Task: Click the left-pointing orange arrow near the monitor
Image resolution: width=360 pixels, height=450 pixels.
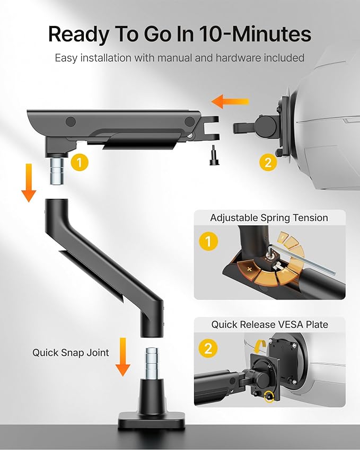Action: [230, 101]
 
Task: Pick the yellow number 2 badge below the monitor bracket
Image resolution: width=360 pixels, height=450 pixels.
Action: [268, 162]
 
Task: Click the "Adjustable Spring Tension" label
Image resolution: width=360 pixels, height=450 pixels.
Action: [269, 218]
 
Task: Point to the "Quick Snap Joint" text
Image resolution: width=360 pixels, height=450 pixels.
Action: [71, 352]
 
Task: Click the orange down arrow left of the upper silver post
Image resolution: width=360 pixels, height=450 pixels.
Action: [30, 182]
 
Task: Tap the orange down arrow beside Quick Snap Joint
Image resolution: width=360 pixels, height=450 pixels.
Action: [123, 356]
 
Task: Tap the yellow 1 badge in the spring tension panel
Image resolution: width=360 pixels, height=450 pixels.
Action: [208, 242]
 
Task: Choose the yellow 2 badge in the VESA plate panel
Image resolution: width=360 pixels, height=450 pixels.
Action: [208, 348]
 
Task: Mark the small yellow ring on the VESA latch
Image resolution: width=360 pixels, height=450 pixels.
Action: [271, 395]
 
